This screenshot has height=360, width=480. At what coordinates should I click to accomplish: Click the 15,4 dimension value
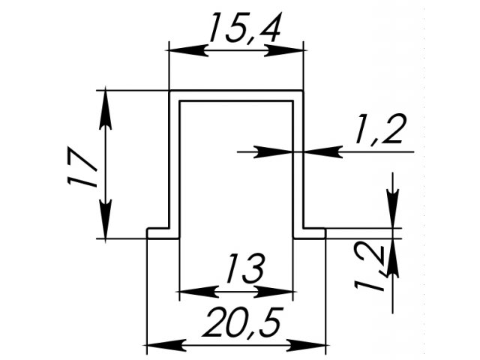245,28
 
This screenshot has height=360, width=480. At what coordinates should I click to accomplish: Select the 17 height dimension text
82,166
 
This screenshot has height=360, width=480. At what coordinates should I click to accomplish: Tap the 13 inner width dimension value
245,268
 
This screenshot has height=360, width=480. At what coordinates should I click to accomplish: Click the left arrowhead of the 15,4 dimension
189,50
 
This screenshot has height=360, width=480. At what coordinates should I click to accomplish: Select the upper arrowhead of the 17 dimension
105,108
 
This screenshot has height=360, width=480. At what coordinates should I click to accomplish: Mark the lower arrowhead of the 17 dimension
105,220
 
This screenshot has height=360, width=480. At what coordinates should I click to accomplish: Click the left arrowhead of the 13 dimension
199,292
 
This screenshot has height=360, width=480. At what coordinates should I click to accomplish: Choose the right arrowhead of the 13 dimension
274,292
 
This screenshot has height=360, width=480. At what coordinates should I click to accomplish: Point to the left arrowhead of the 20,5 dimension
166,345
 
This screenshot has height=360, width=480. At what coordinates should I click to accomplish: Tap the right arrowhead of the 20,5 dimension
307,345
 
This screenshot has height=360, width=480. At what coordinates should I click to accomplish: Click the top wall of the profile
236,95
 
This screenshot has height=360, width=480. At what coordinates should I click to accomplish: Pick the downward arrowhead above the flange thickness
393,208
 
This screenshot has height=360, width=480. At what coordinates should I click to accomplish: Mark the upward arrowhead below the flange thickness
393,258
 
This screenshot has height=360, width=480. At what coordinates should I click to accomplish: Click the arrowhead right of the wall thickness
323,151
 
